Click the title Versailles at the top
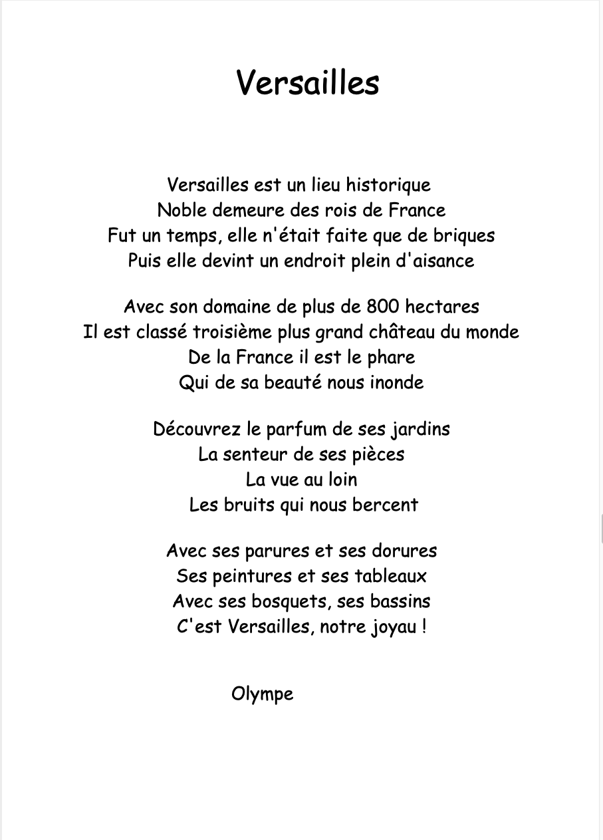click(x=307, y=83)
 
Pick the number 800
click(x=383, y=307)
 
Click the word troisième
click(x=233, y=332)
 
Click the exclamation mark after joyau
click(x=423, y=627)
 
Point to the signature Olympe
click(x=262, y=694)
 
